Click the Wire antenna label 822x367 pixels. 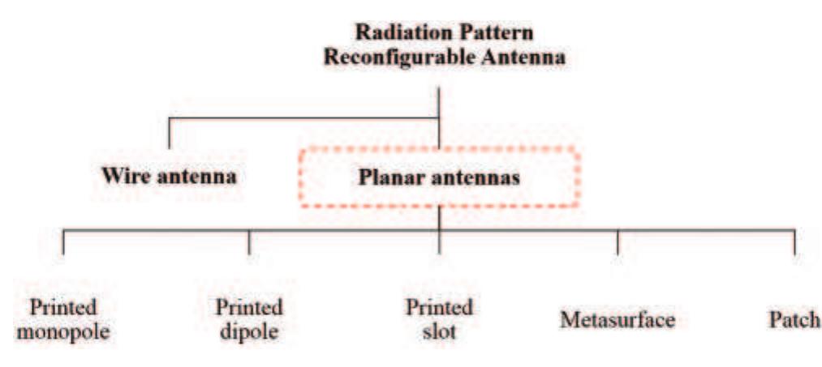click(169, 176)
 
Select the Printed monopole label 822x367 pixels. click(63, 319)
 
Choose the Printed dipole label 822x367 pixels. click(248, 319)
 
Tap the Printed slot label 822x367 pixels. click(439, 319)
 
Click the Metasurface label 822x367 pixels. click(618, 319)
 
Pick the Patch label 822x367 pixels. click(794, 319)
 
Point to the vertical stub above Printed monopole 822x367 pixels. click(63, 241)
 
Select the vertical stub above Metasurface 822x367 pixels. click(618, 241)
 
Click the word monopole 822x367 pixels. click(63, 331)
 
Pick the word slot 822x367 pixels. click(439, 331)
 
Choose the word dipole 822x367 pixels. click(248, 331)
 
